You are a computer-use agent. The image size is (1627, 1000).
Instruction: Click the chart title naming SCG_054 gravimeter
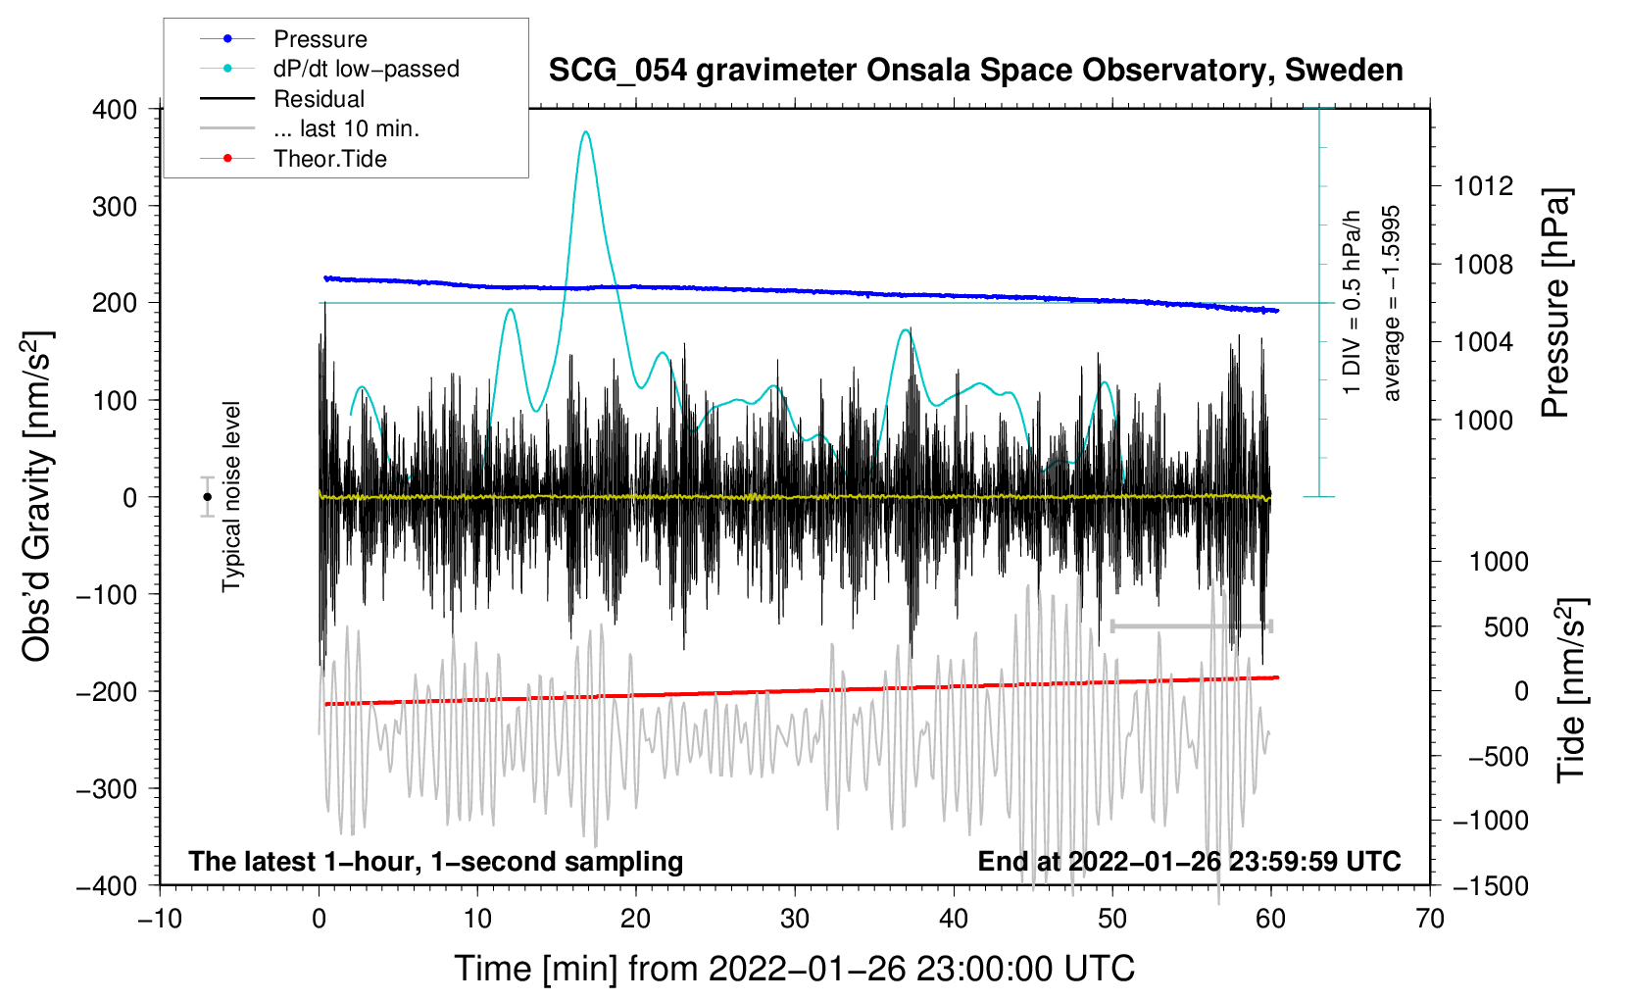click(x=975, y=71)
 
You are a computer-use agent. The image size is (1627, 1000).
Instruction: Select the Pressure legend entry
click(x=320, y=39)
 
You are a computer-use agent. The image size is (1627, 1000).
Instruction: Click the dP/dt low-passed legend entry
click(x=366, y=69)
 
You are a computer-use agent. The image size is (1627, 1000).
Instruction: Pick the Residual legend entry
click(x=319, y=99)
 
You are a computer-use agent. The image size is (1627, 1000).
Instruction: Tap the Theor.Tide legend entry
click(x=329, y=159)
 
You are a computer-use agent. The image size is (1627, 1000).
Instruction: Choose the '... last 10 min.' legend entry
click(x=346, y=128)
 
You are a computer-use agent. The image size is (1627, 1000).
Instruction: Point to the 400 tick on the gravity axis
click(x=115, y=109)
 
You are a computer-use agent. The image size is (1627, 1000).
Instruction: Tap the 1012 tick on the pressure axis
click(x=1483, y=186)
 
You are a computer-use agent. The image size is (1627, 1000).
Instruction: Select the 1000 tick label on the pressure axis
click(x=1483, y=420)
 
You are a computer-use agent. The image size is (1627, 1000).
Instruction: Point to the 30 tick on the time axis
click(x=795, y=919)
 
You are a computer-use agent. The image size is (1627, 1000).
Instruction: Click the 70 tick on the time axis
click(x=1430, y=919)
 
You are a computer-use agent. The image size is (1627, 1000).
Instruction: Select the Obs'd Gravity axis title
click(x=36, y=497)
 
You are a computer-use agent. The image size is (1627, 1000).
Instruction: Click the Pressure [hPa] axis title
click(x=1555, y=304)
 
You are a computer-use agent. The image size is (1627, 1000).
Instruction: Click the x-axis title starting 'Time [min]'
click(x=795, y=969)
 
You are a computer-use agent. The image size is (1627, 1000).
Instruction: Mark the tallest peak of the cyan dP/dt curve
click(x=586, y=131)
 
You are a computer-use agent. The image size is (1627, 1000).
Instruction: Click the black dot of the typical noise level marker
click(x=207, y=497)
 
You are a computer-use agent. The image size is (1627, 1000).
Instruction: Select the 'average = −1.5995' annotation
click(x=1392, y=304)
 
